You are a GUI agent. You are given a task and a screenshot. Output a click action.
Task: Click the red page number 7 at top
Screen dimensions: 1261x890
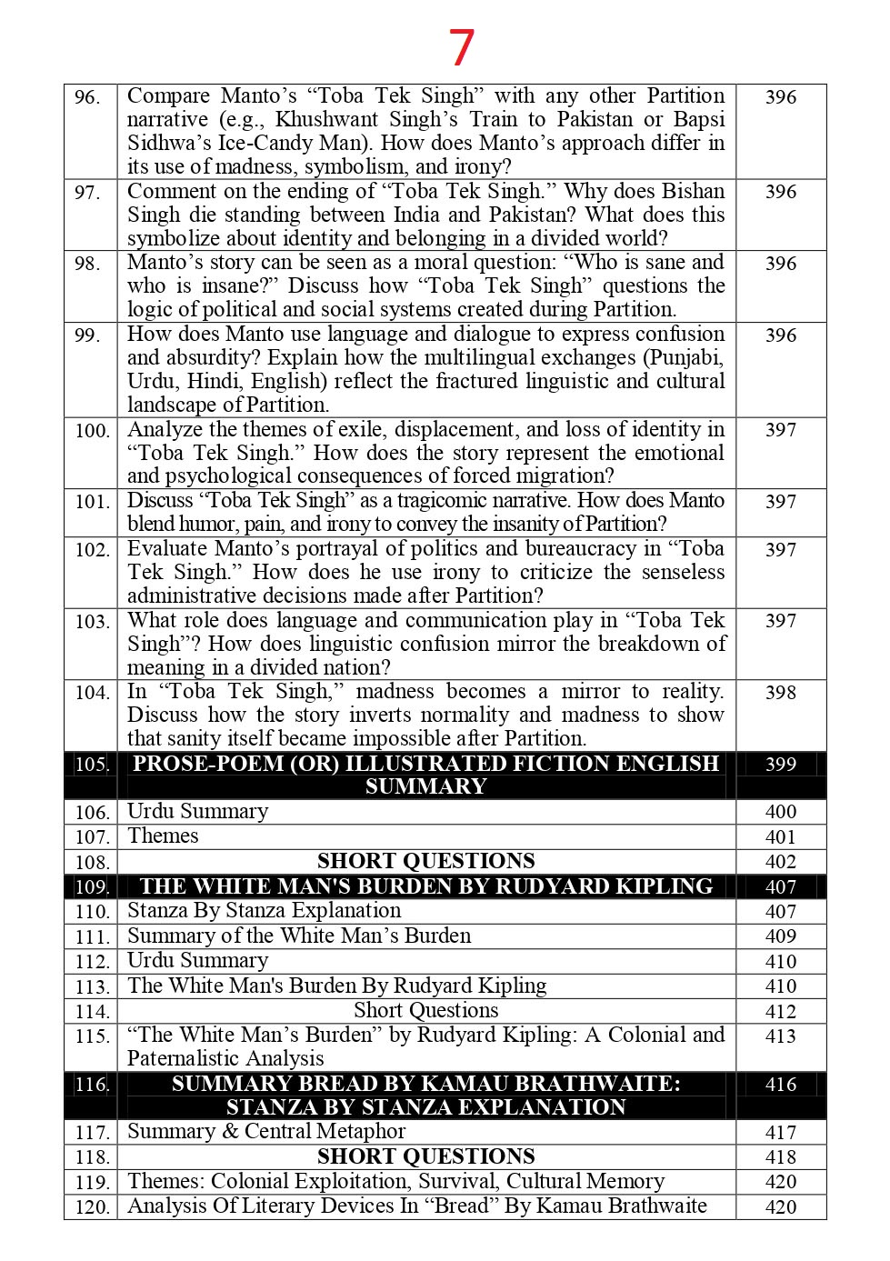pos(462,47)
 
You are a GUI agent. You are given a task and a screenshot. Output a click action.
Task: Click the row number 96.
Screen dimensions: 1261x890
pos(87,97)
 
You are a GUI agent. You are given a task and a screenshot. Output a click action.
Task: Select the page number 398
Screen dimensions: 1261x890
pos(780,693)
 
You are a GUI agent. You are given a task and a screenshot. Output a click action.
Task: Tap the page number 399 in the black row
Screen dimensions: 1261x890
pos(780,765)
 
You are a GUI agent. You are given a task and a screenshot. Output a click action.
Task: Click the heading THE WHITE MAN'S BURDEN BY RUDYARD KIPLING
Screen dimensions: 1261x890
pos(425,886)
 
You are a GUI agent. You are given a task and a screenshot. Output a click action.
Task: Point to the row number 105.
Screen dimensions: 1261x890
pos(91,765)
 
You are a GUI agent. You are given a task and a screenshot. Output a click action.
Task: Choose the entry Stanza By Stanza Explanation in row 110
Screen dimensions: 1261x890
pos(264,911)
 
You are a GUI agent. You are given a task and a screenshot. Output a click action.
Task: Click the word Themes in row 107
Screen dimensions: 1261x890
pos(163,836)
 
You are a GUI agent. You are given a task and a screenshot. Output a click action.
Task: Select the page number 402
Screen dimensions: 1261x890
pos(780,862)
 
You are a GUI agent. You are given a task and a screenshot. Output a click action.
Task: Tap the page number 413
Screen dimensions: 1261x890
pos(780,1036)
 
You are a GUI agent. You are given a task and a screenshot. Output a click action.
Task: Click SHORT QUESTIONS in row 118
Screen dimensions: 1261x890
pos(425,1156)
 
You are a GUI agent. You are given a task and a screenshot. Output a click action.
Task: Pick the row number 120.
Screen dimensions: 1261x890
pos(91,1207)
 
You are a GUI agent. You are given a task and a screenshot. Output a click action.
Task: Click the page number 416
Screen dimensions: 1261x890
pos(780,1085)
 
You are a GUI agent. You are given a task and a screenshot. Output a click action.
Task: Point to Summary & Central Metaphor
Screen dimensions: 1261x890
pos(266,1132)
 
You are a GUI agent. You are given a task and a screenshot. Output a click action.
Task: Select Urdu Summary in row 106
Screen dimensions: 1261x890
pos(197,812)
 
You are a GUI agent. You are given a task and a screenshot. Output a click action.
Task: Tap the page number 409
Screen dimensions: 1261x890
pos(780,936)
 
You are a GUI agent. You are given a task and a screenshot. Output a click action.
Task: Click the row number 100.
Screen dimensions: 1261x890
pos(91,431)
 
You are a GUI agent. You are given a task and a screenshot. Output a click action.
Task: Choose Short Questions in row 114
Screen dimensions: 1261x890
pos(425,1011)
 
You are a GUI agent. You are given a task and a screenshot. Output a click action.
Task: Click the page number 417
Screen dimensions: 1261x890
pos(780,1133)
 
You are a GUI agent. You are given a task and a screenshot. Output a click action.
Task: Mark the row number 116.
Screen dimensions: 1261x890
pos(91,1085)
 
